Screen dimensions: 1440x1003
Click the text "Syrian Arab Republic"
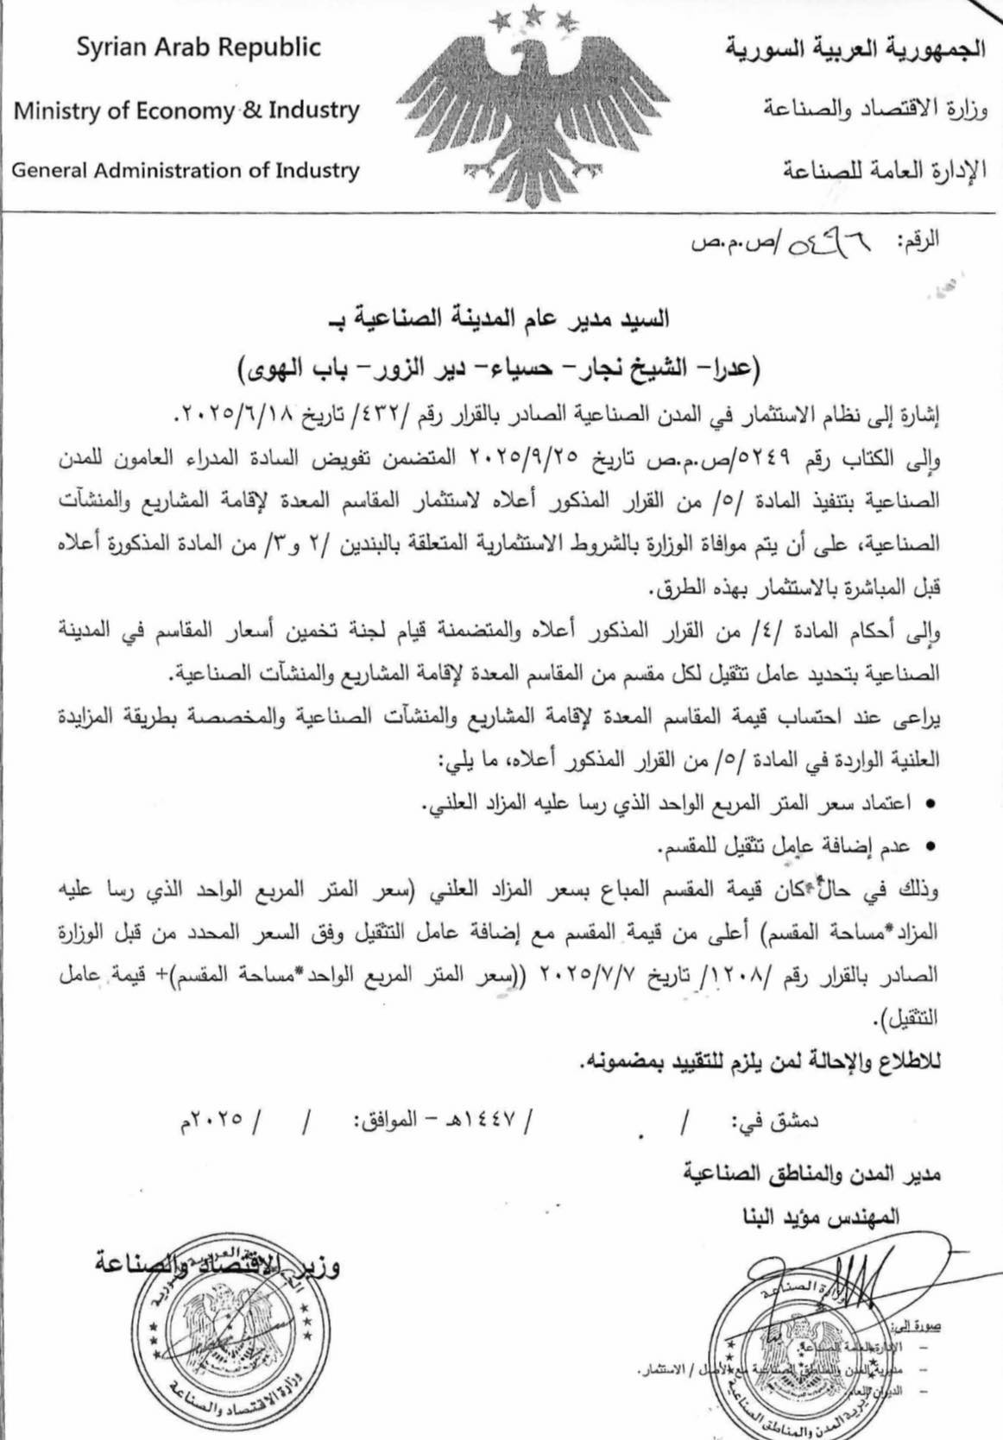[199, 47]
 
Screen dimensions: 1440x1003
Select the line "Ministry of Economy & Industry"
[186, 110]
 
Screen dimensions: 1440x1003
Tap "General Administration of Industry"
[185, 170]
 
